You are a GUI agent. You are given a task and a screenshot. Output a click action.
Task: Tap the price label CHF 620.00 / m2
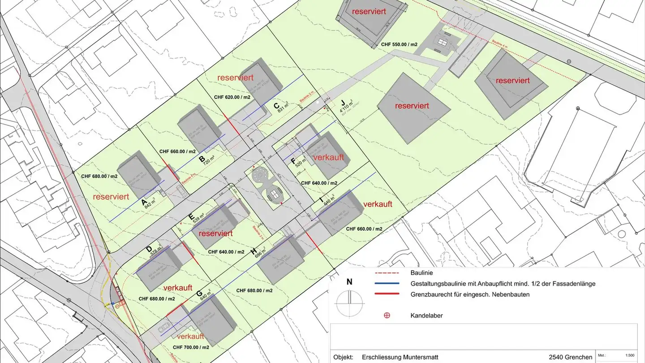coord(232,97)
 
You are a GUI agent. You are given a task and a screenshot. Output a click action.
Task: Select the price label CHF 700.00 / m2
coord(191,347)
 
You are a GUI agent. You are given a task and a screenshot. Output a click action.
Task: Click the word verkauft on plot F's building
coord(329,158)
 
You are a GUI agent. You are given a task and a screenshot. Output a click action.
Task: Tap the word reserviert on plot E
coord(216,233)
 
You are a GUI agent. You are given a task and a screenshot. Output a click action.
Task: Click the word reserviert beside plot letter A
coord(111,197)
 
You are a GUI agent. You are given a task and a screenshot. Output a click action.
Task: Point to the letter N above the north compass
coord(349,282)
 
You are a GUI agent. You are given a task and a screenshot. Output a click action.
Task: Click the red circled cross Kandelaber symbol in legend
coord(387,315)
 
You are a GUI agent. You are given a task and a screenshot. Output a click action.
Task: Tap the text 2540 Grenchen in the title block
coord(570,357)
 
